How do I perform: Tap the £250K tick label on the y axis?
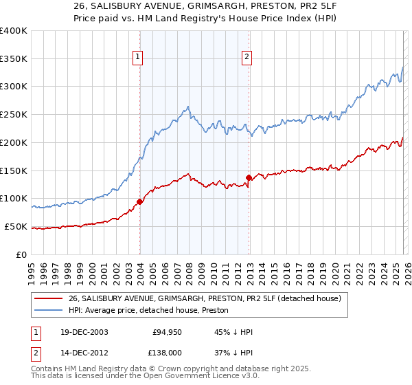[x=14, y=114]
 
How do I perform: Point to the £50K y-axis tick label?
[x=16, y=226]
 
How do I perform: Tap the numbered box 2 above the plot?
[x=247, y=57]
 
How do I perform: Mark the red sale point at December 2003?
[x=139, y=201]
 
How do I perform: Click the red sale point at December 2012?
[x=249, y=177]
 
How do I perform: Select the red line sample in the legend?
[x=49, y=298]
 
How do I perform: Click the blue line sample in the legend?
[x=49, y=310]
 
